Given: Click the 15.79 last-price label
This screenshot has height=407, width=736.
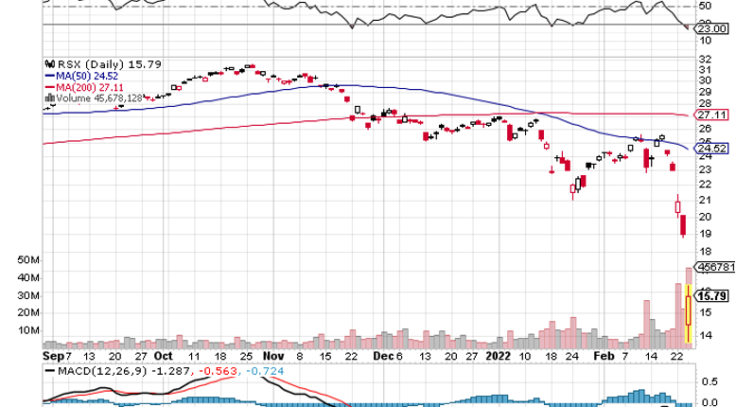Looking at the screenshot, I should (x=710, y=296).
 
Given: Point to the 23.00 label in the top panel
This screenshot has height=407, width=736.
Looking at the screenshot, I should (x=711, y=28).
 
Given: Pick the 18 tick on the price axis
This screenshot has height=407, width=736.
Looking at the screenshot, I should (x=704, y=251).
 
